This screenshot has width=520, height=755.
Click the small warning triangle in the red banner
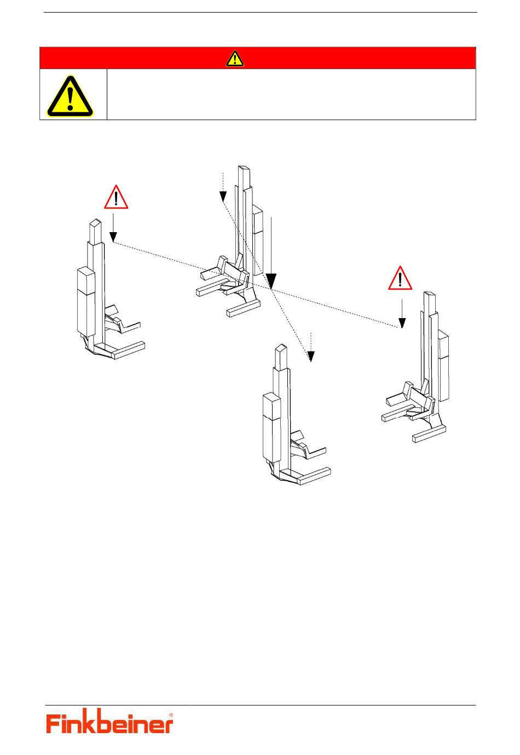(x=235, y=58)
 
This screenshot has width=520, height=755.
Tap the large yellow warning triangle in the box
(x=70, y=97)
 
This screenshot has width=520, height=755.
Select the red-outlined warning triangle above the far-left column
(x=116, y=198)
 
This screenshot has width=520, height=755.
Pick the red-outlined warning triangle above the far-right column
(x=400, y=279)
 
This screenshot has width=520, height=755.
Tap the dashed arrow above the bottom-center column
(x=311, y=347)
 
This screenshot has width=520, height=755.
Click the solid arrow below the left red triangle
(x=113, y=228)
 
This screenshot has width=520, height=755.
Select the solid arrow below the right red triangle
(x=402, y=314)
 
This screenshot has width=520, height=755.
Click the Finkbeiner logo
(x=109, y=723)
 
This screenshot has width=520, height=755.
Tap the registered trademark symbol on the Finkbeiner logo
(x=171, y=715)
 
